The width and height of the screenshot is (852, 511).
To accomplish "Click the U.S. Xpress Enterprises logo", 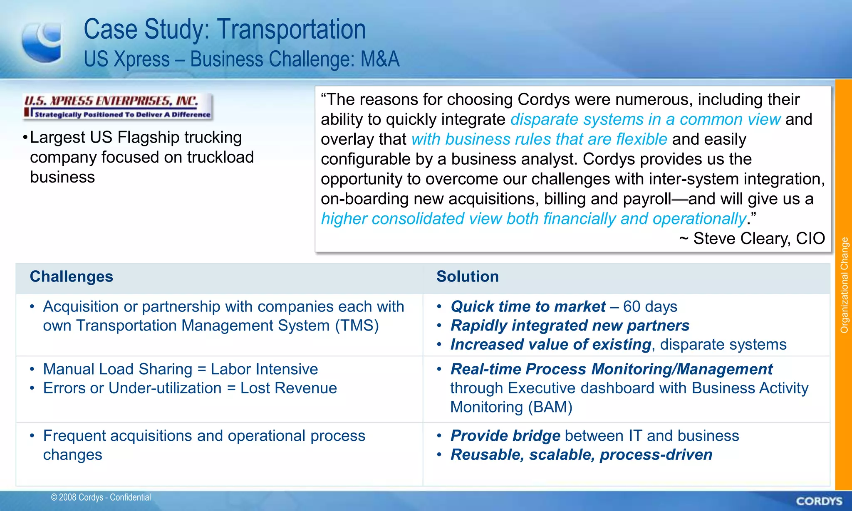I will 118,107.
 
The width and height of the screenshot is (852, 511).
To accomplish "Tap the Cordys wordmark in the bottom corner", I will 819,501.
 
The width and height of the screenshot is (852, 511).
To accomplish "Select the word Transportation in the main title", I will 291,30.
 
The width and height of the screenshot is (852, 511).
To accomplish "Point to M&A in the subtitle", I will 380,59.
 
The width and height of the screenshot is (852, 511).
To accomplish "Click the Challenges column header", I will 72,277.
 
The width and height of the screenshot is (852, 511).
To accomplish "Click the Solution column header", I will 467,277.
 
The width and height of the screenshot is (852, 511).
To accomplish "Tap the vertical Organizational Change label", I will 844,285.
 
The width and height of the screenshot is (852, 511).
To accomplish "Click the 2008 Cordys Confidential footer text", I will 101,497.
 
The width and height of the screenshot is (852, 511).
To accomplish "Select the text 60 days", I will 650,307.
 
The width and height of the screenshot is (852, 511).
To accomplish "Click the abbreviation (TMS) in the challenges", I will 357,326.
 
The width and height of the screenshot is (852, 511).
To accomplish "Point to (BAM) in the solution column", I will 550,407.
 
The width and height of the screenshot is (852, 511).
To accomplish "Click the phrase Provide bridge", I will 505,436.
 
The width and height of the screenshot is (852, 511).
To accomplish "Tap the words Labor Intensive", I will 264,369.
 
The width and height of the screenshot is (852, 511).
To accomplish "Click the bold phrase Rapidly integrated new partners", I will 570,326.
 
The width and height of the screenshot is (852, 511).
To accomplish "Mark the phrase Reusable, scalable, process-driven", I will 581,455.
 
